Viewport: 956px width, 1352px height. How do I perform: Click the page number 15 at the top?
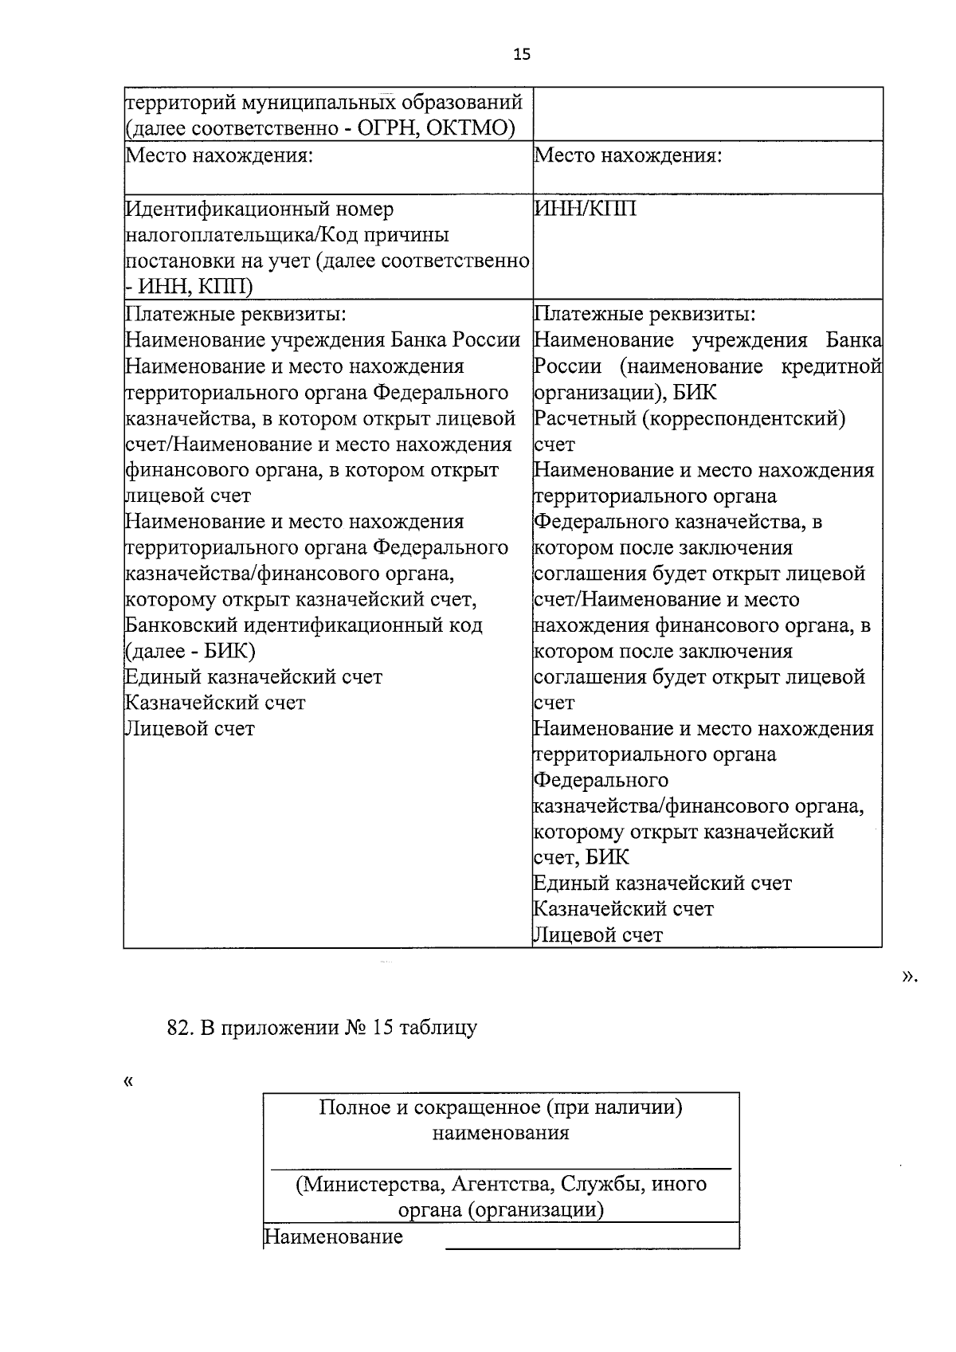click(x=521, y=55)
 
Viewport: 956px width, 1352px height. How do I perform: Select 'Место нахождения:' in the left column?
click(x=217, y=155)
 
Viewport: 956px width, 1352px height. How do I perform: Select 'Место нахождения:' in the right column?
click(x=628, y=155)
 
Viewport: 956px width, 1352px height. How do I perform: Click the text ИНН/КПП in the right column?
click(x=585, y=210)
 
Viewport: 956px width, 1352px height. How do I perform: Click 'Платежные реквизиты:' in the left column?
click(x=237, y=314)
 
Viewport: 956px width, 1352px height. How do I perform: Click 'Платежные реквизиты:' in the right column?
click(x=645, y=314)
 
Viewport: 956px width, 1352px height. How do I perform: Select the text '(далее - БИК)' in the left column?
click(x=190, y=652)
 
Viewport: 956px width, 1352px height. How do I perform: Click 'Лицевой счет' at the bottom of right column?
click(x=597, y=935)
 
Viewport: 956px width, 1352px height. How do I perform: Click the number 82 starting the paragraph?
click(x=177, y=1028)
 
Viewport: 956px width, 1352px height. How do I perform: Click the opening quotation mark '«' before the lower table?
click(x=128, y=1082)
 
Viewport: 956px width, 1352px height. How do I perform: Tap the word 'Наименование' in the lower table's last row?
click(x=333, y=1237)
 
